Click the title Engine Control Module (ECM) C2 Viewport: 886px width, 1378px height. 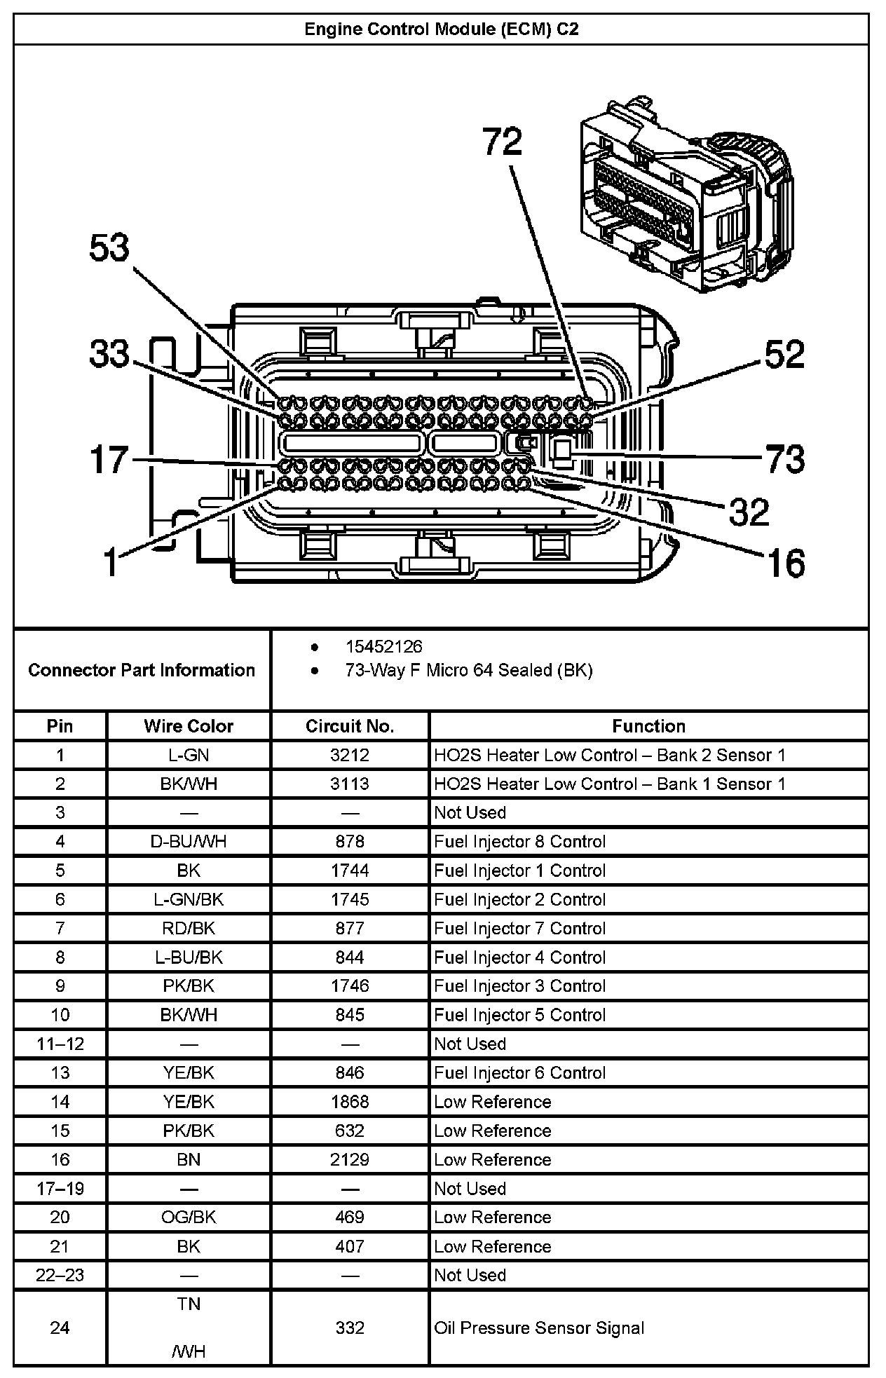point(441,29)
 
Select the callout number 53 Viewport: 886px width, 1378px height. point(110,248)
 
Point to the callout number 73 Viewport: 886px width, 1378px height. point(784,459)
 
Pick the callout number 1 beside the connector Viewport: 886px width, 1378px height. point(111,562)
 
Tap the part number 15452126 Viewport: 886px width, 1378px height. point(383,646)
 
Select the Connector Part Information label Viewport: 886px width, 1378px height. point(142,670)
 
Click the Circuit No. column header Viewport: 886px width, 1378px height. point(350,726)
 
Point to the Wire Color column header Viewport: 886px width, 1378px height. point(189,726)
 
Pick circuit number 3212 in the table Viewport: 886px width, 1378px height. point(350,755)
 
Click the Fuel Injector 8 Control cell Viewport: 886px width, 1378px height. point(519,841)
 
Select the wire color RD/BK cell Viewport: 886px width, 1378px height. point(189,928)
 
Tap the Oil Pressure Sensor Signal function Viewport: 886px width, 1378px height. point(539,1328)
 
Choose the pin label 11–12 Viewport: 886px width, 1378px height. point(60,1044)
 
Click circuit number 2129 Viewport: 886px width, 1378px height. point(350,1159)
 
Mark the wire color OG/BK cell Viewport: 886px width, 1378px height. point(189,1217)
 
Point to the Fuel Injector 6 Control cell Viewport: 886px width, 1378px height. point(519,1072)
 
